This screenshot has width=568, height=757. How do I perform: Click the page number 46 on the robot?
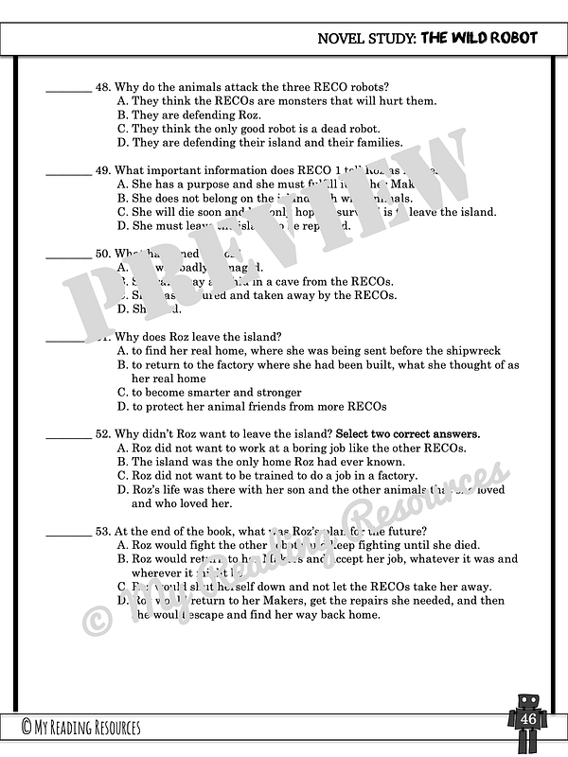(x=527, y=721)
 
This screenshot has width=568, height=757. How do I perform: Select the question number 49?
(x=103, y=171)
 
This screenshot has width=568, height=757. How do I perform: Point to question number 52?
(x=103, y=433)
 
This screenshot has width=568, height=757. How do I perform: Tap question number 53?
(x=103, y=531)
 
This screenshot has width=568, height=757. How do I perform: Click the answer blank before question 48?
(x=68, y=88)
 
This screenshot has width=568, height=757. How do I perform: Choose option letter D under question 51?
(x=122, y=407)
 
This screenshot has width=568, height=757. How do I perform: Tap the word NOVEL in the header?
(x=339, y=38)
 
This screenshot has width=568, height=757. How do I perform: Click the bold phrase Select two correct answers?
(x=407, y=433)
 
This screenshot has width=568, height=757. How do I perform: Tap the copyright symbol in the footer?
(x=27, y=728)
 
